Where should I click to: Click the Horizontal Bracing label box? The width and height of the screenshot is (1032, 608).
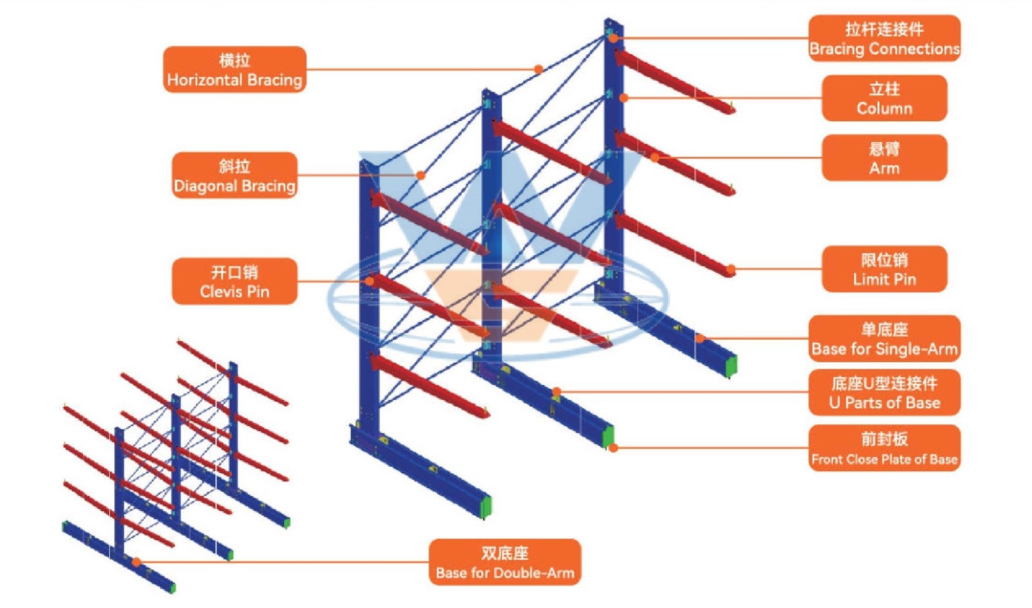(x=234, y=70)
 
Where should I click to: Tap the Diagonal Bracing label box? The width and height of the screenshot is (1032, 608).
(x=234, y=175)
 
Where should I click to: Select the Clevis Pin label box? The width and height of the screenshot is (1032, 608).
(x=234, y=281)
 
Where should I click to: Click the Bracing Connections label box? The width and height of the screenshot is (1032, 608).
(x=884, y=39)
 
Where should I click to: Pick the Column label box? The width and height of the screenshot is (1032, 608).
(x=884, y=98)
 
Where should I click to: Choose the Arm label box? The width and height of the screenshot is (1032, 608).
(x=884, y=158)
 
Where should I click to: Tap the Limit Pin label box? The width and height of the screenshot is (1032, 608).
(x=884, y=269)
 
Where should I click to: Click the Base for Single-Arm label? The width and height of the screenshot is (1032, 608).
(x=884, y=338)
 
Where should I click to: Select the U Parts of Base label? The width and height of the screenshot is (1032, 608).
(x=884, y=392)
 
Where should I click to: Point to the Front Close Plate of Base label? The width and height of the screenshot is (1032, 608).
(x=884, y=448)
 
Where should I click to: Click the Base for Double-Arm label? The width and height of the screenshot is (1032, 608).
(x=505, y=562)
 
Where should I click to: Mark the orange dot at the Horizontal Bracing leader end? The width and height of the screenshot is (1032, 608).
(x=539, y=69)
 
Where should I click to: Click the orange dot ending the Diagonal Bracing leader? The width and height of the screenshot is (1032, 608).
(x=421, y=175)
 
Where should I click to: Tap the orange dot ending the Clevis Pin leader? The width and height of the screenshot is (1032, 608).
(x=370, y=281)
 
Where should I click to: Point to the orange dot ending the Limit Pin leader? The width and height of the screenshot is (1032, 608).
(x=731, y=269)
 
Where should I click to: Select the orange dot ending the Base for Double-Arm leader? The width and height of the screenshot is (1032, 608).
(x=137, y=562)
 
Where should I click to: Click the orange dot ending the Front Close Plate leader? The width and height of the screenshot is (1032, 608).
(x=613, y=447)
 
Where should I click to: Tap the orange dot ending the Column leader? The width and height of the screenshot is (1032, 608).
(x=624, y=98)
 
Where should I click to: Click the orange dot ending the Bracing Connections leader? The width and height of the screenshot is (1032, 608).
(x=613, y=39)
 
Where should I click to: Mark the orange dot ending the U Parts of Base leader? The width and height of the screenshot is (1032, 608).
(x=557, y=391)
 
